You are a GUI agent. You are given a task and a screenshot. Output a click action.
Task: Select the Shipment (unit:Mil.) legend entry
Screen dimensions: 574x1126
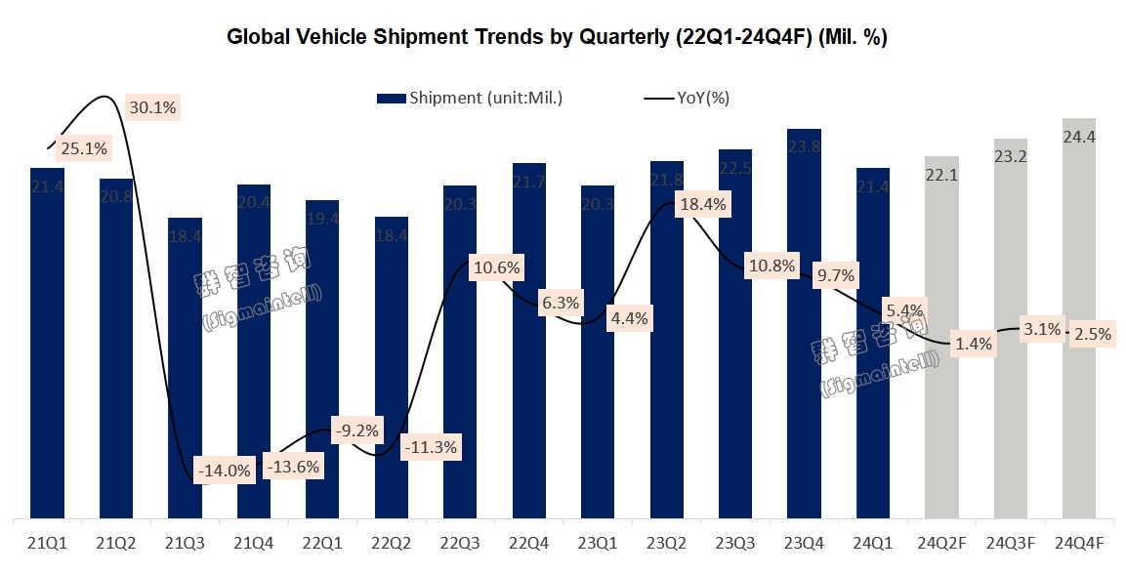(470, 98)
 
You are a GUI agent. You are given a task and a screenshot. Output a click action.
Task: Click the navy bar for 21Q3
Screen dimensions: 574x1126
(185, 371)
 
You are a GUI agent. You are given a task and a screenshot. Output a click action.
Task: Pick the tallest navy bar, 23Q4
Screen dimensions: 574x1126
(804, 322)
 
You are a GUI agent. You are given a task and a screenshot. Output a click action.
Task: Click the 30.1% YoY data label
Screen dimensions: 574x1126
(152, 107)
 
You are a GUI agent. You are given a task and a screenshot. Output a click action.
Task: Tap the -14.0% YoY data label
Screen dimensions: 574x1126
(225, 471)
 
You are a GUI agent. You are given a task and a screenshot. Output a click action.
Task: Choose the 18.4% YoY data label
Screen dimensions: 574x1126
(703, 205)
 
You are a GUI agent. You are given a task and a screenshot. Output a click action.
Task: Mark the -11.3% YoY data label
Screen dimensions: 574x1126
(430, 447)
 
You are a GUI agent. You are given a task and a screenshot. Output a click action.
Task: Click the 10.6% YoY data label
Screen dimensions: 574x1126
(496, 267)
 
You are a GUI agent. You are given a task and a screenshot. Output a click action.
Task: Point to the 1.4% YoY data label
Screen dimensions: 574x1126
(974, 344)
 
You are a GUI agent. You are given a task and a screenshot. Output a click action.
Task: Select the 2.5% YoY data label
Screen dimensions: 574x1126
(1092, 334)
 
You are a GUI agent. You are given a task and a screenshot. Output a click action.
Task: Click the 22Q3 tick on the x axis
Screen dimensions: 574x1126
(460, 543)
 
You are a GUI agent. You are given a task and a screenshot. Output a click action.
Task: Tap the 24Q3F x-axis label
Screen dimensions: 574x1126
(1010, 543)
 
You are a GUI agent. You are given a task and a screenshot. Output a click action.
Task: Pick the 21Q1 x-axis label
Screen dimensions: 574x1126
(47, 543)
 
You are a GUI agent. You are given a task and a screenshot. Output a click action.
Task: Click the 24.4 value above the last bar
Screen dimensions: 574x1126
(1079, 138)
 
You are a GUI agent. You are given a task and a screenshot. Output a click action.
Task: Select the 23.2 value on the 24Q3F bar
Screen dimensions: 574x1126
(1010, 156)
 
